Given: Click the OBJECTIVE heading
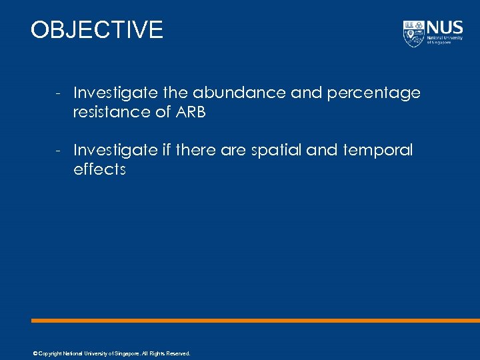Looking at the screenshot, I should [x=97, y=30].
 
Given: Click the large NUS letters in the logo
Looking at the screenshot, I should [x=443, y=28].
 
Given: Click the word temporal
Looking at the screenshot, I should [x=378, y=150].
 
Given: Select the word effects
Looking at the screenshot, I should [x=99, y=169].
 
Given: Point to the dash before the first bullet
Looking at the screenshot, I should [x=59, y=93].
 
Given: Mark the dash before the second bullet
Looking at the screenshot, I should [x=59, y=151].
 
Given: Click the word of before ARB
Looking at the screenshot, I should [x=163, y=112].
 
